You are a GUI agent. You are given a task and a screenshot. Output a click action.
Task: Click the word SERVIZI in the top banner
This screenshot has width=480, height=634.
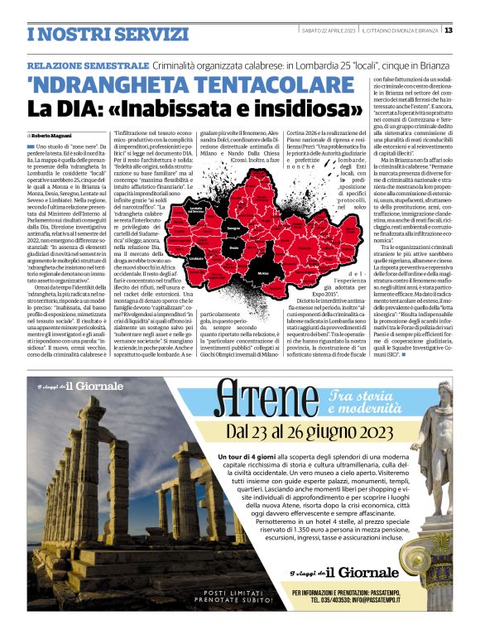coord(133,34)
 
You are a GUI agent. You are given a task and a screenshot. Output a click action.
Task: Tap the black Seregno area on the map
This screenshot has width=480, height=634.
coord(233,226)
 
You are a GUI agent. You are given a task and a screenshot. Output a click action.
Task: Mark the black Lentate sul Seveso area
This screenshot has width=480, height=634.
coord(197,209)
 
